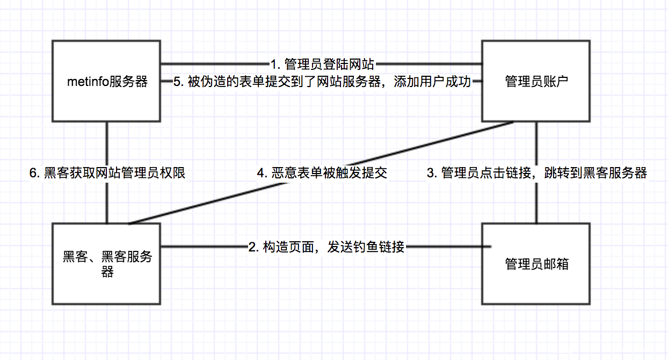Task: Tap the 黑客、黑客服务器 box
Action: (x=107, y=263)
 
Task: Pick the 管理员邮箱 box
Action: (x=536, y=263)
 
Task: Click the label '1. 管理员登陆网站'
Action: (x=322, y=64)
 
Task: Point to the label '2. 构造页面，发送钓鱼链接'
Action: (x=326, y=247)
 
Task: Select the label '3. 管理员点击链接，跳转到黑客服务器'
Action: (x=536, y=172)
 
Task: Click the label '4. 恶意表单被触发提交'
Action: (x=322, y=172)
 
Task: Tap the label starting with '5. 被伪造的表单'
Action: (x=322, y=82)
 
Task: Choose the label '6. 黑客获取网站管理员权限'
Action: (x=107, y=172)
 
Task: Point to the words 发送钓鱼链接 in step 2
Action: (x=365, y=247)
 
